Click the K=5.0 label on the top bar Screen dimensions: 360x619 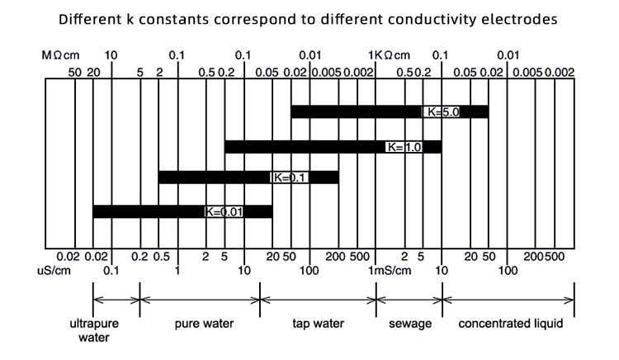[x=442, y=111]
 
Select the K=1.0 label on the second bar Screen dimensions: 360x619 [x=404, y=147]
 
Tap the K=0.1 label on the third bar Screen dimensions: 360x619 [x=290, y=178]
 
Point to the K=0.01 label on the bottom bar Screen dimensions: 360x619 [x=224, y=211]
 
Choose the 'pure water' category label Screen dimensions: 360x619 [x=201, y=324]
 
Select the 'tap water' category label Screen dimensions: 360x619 [x=319, y=324]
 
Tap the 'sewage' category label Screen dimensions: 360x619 [x=410, y=324]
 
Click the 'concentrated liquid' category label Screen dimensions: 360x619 [x=509, y=324]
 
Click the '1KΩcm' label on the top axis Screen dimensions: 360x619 [x=388, y=55]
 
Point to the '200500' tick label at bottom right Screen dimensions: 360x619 [x=542, y=257]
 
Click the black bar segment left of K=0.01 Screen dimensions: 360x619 [x=149, y=211]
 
